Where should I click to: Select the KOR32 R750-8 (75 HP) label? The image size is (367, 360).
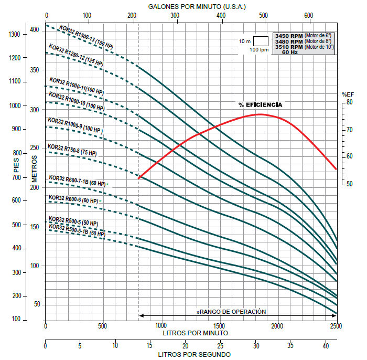(x=72, y=150)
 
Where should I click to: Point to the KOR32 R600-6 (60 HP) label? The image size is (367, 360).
(x=73, y=199)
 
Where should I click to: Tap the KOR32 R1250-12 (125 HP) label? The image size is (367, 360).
(x=77, y=55)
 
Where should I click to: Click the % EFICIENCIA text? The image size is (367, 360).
(x=261, y=105)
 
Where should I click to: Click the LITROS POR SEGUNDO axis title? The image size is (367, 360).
(x=191, y=354)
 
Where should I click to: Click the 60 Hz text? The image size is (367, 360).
(x=290, y=52)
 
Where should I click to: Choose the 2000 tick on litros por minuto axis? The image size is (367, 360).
(x=277, y=326)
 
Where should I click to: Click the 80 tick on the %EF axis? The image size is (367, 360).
(x=349, y=103)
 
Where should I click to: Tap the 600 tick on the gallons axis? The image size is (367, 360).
(x=309, y=15)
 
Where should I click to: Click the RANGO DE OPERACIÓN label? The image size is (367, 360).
(x=232, y=312)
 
